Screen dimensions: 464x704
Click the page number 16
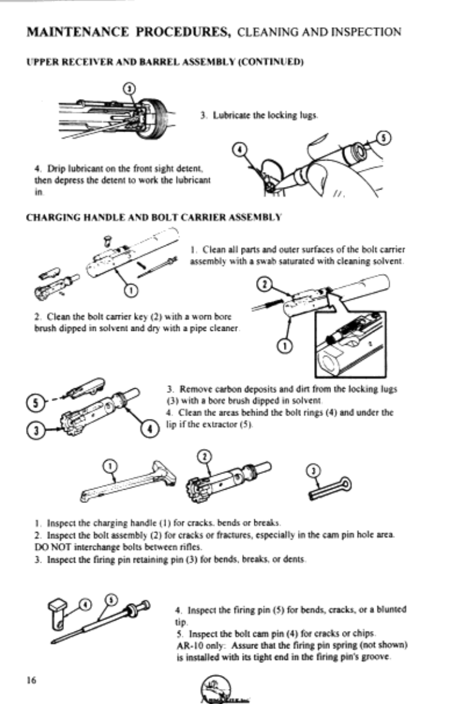pos(31,680)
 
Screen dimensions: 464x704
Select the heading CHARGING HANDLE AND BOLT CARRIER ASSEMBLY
pos(154,218)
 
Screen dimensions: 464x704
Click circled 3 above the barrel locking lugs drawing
pos(129,88)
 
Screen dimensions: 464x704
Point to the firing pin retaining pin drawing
pos(330,488)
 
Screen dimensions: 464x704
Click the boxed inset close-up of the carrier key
pos(351,344)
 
